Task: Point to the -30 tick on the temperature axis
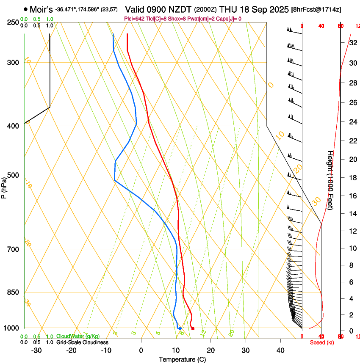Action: pyautogui.click(x=37, y=350)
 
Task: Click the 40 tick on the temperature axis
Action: pyautogui.click(x=280, y=350)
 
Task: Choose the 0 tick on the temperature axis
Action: pyautogui.click(x=141, y=350)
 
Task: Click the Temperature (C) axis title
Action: pyautogui.click(x=182, y=359)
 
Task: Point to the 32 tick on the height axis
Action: pyautogui.click(x=352, y=43)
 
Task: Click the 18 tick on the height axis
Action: pyautogui.click(x=352, y=178)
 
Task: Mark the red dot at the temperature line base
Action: pyautogui.click(x=193, y=328)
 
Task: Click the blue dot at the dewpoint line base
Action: pyautogui.click(x=180, y=328)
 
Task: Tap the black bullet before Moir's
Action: pyautogui.click(x=26, y=9)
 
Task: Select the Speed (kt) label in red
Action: pyautogui.click(x=321, y=342)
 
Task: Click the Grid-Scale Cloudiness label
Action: pyautogui.click(x=82, y=342)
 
